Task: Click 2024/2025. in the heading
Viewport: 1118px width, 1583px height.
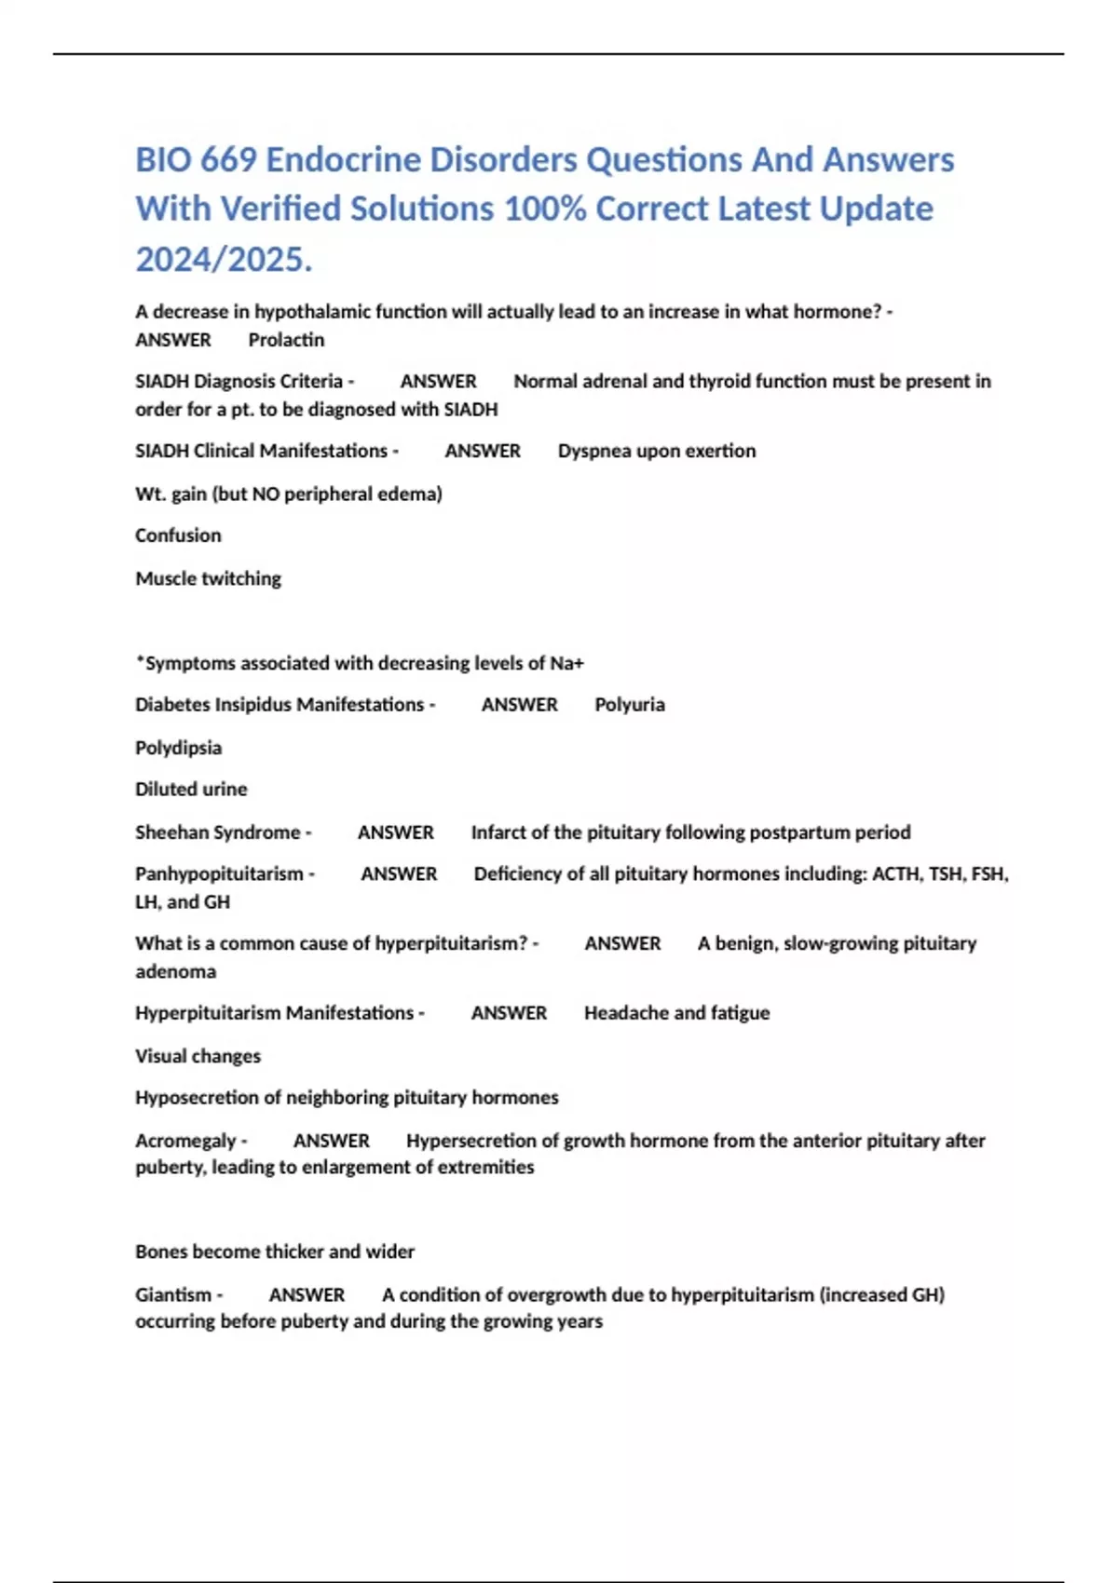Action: pos(224,259)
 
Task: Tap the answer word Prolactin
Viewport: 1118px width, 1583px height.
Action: pos(286,340)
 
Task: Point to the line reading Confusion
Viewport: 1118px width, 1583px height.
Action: pos(178,535)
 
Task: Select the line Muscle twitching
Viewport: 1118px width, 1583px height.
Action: pos(208,578)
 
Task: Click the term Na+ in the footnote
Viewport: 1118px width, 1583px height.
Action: pos(566,663)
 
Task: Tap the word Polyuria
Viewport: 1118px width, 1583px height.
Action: pos(630,705)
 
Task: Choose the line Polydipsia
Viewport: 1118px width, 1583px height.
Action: pos(178,748)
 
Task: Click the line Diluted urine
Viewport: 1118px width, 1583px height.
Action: pos(191,789)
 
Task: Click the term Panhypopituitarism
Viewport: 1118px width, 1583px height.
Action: pos(219,873)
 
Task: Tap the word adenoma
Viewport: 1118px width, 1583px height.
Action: pos(175,971)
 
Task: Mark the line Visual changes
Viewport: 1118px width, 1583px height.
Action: pos(198,1056)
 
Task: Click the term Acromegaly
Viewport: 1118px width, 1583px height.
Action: pos(185,1141)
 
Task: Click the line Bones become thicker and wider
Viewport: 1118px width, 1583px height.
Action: pos(275,1252)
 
